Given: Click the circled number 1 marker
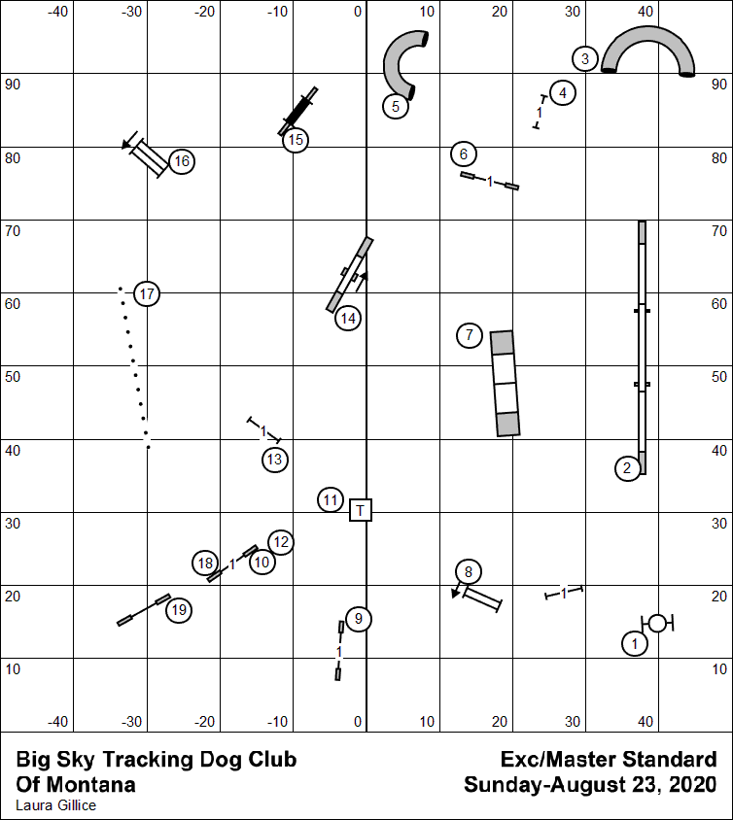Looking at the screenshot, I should [635, 643].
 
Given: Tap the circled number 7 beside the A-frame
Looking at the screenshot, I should [470, 335].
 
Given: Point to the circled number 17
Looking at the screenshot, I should [147, 293].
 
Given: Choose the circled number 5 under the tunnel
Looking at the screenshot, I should [395, 106].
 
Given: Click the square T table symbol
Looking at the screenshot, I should [361, 509].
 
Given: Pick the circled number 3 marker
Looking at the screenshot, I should [584, 58].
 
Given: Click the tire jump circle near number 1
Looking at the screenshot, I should [657, 623].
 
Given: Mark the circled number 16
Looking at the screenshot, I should [182, 161].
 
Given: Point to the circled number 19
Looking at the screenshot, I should [178, 610].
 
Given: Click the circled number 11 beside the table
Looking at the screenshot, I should [332, 500].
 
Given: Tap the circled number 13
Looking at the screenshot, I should [275, 459].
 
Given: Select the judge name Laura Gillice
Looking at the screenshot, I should [56, 804].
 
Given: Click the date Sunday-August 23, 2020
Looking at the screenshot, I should [590, 784].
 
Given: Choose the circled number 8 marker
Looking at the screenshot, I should [469, 571].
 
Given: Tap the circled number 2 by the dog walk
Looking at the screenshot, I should [627, 468].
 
